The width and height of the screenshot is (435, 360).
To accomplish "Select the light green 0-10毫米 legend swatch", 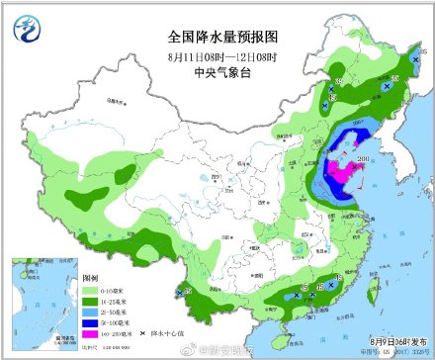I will click(89, 291).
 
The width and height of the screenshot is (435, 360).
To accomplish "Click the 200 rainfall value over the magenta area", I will click(363, 159).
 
